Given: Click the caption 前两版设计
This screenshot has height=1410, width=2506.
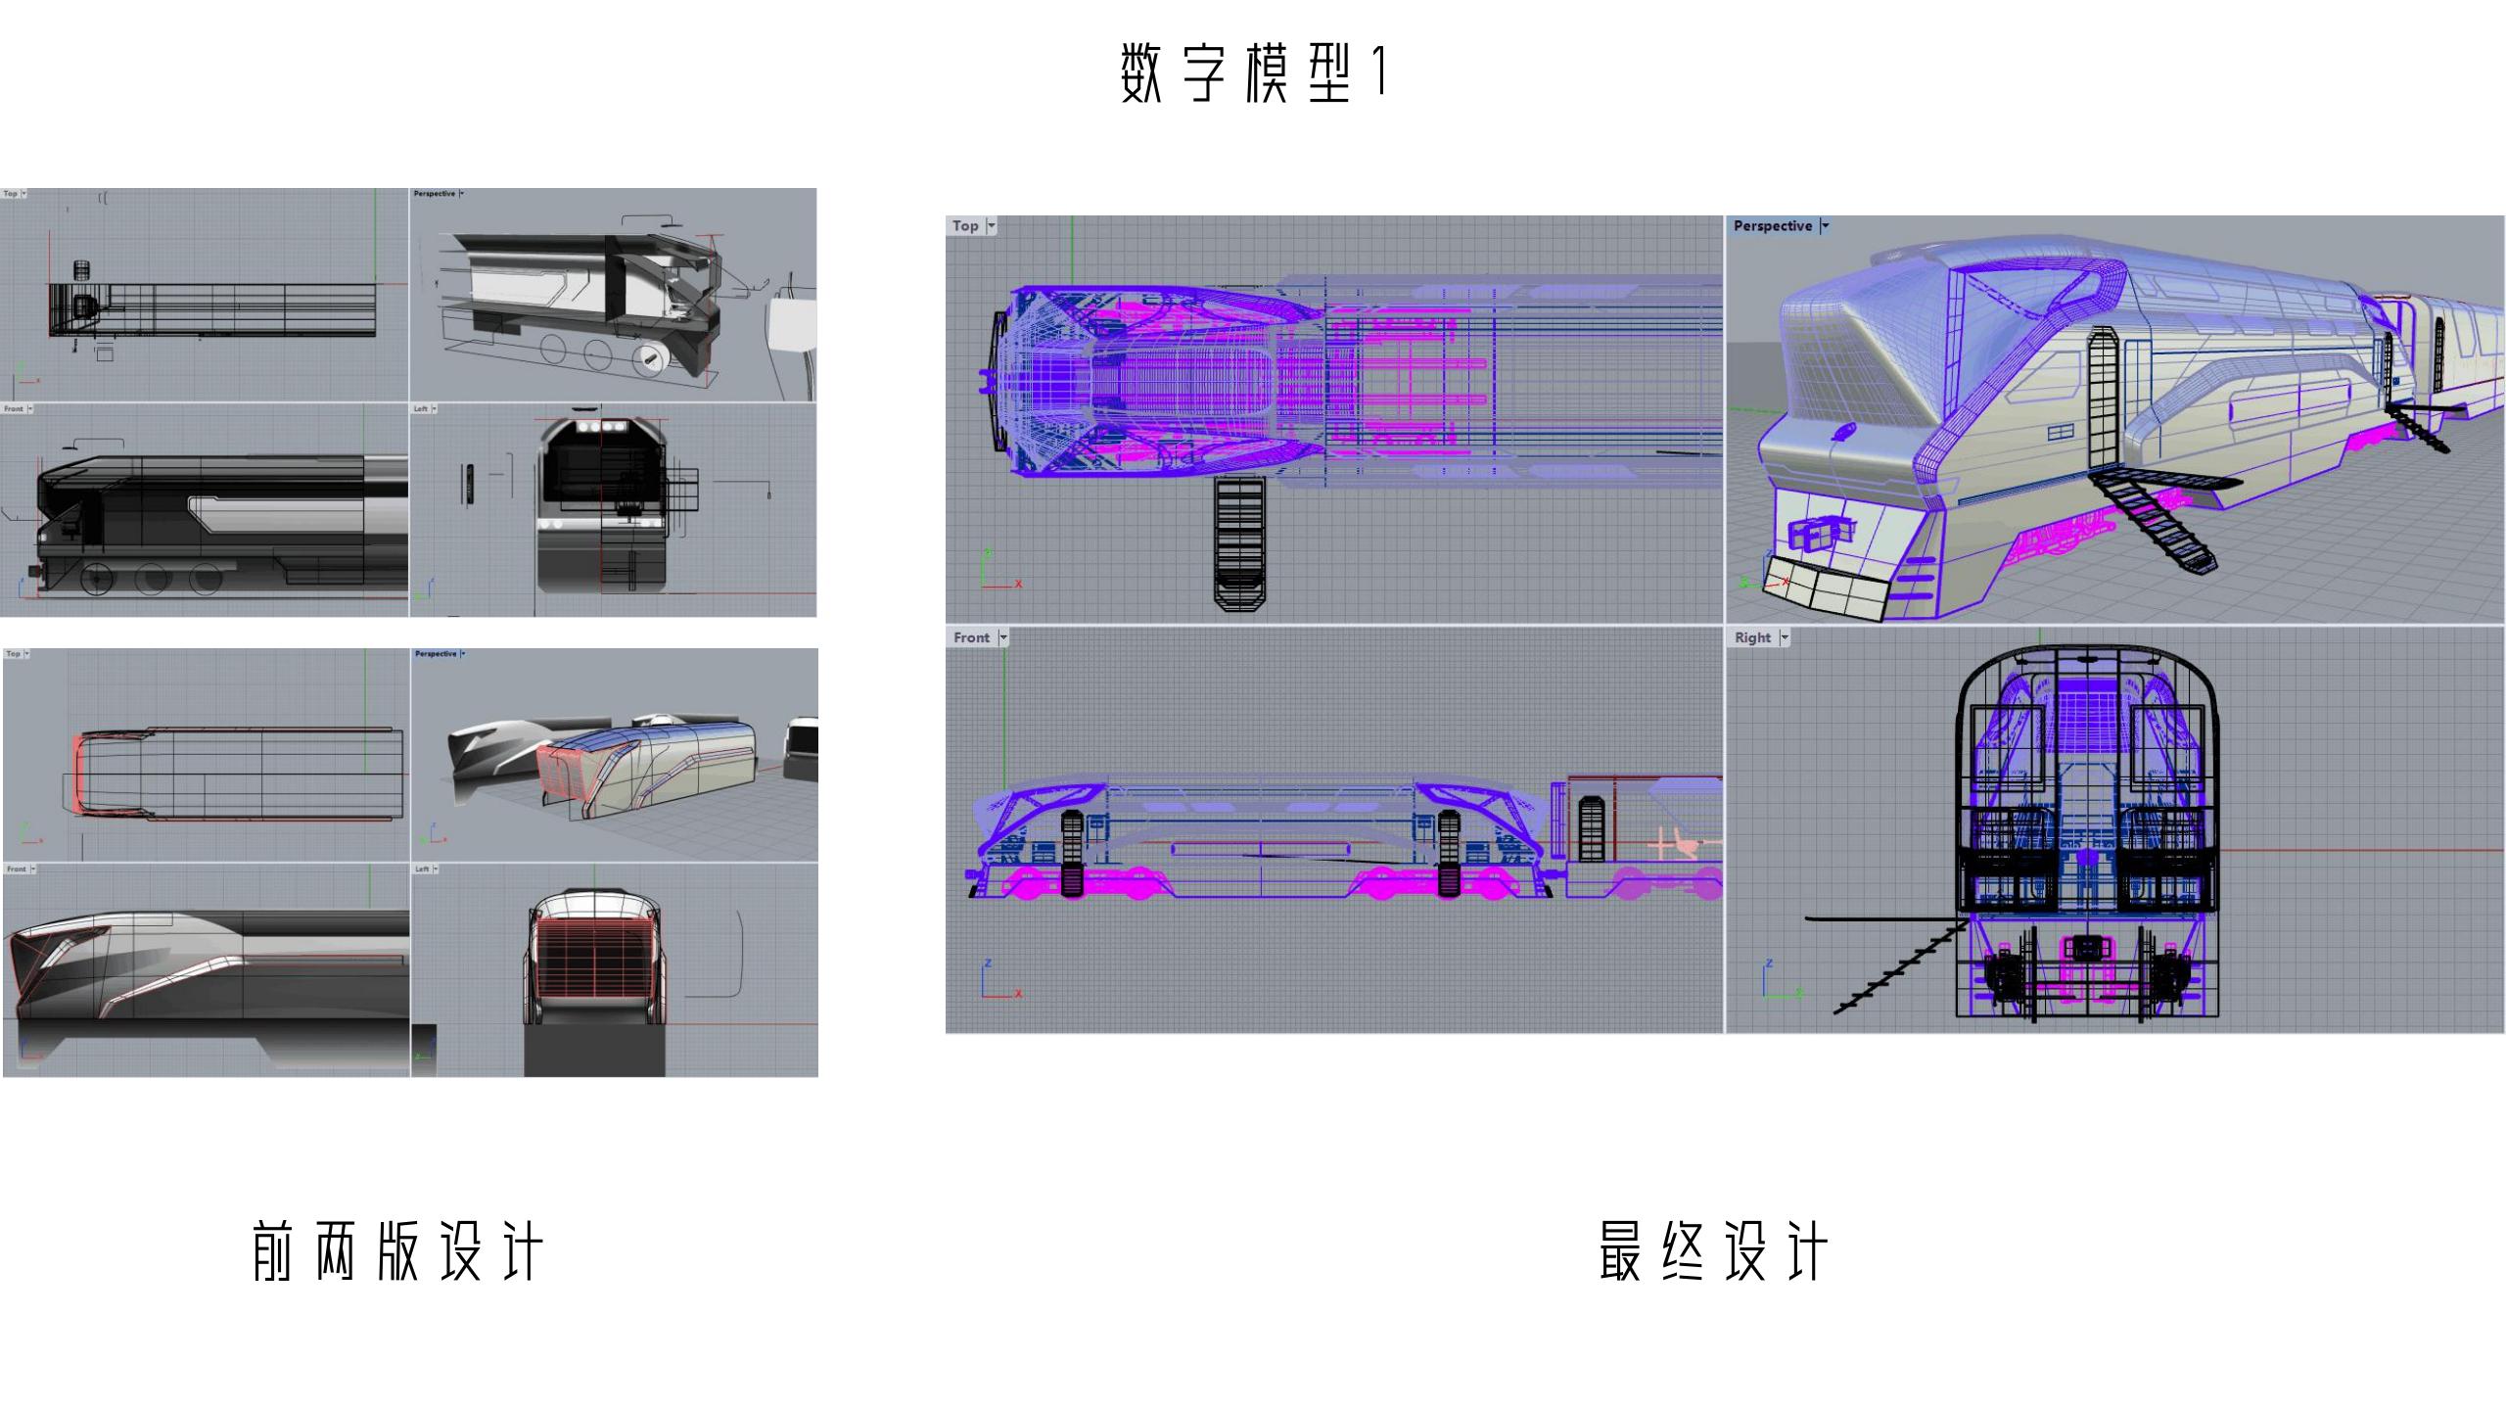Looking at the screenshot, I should click(396, 1251).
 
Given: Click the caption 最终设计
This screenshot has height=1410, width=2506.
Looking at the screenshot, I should click(1713, 1251).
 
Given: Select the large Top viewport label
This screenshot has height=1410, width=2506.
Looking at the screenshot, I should click(965, 225).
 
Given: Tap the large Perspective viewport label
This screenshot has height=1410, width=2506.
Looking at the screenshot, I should click(1772, 225).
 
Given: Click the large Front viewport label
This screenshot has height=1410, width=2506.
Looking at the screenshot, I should click(971, 637).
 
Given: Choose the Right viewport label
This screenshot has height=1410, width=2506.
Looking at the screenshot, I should click(1752, 637).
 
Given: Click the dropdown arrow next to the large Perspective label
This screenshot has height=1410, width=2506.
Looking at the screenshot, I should click(1825, 226).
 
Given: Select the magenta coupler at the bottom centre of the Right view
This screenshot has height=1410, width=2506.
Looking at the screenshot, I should click(2087, 948).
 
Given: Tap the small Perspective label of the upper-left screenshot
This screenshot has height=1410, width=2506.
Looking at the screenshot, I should click(435, 194).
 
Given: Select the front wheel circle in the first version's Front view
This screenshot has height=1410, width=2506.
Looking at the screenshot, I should click(96, 579).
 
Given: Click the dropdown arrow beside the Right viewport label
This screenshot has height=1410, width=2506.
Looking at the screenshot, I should click(1785, 638).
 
